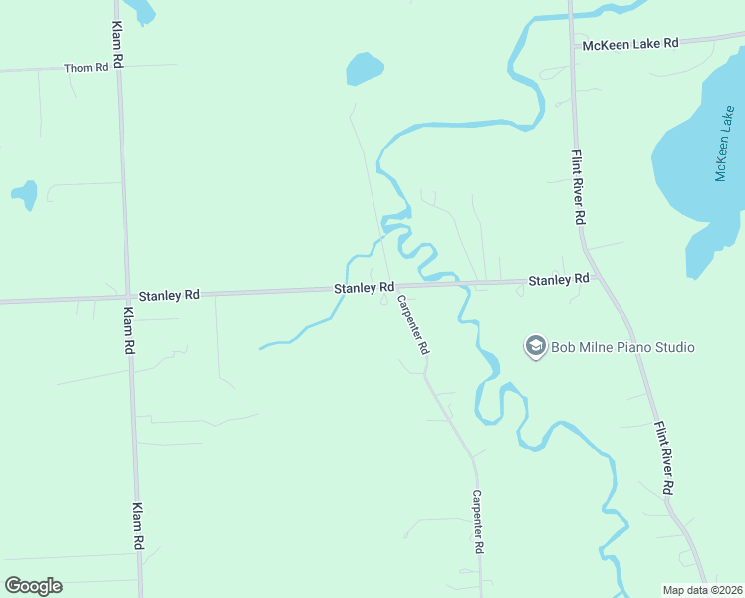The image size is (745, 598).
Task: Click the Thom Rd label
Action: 85,68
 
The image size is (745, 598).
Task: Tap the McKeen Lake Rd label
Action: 630,44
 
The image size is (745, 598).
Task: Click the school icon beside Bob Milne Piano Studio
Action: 535,346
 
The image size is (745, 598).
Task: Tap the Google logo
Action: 33,585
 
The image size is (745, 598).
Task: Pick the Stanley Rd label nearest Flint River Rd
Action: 559,280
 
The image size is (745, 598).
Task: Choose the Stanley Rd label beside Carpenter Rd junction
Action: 364,288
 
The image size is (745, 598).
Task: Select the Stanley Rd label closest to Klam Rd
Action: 169,295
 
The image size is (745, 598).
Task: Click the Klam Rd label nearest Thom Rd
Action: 117,45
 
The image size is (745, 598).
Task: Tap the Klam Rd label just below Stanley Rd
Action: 128,331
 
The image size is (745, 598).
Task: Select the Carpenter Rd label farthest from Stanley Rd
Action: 478,522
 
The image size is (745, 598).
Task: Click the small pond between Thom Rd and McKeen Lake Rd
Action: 364,69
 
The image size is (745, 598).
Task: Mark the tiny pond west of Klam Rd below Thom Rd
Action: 25,194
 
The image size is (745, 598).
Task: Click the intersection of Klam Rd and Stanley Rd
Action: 125,296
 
